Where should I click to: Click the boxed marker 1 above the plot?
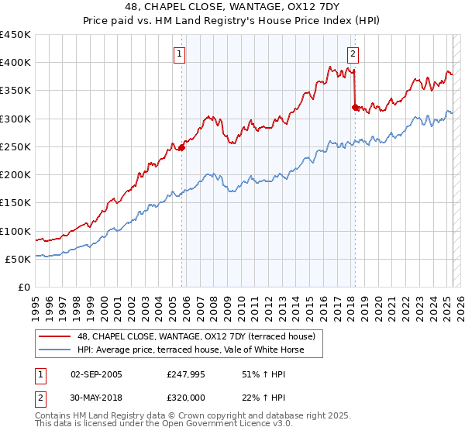coord(179,54)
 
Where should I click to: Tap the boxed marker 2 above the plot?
coord(353,54)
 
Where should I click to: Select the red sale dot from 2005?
coord(181,147)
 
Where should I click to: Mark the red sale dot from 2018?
coord(355,107)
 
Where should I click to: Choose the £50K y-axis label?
coord(19,259)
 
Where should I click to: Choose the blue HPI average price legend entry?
coord(191,350)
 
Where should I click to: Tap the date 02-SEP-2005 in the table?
coord(96,374)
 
